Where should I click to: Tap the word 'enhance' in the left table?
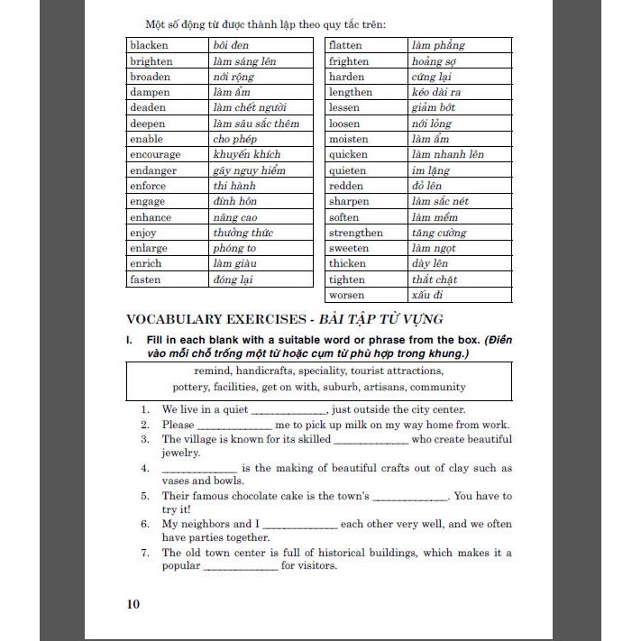click(150, 217)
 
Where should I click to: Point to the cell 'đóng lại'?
click(233, 279)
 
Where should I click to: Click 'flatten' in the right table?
click(345, 45)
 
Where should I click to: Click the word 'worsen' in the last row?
click(347, 295)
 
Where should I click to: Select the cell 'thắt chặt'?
click(435, 279)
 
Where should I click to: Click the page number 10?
click(133, 604)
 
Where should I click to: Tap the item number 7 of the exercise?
click(144, 553)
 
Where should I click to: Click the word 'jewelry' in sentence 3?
click(180, 453)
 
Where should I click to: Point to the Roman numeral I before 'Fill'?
click(130, 339)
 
